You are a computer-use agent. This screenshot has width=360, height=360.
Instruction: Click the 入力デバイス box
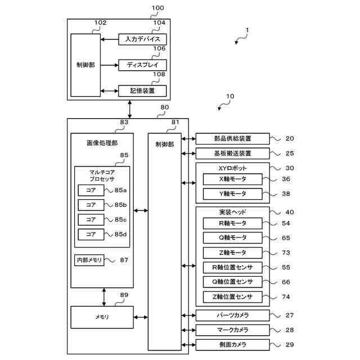click(x=143, y=39)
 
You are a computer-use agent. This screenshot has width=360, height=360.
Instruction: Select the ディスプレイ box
click(x=143, y=65)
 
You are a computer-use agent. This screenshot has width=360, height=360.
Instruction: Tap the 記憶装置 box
click(x=143, y=90)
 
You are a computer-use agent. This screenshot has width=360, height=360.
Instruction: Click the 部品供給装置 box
click(x=233, y=138)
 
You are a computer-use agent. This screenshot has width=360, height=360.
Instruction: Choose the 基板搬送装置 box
click(x=233, y=153)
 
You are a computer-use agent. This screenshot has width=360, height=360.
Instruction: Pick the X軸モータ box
click(x=233, y=179)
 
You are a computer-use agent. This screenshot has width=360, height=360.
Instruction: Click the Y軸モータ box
click(x=233, y=194)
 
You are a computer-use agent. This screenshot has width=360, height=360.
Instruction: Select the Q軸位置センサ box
click(x=233, y=282)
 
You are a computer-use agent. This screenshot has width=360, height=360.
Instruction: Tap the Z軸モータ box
click(x=233, y=253)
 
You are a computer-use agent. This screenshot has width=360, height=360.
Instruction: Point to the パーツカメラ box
click(x=233, y=316)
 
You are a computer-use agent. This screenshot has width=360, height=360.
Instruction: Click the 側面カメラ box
click(x=233, y=344)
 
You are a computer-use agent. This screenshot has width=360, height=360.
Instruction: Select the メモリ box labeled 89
click(x=102, y=317)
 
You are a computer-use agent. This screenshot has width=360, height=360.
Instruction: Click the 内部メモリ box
click(x=89, y=260)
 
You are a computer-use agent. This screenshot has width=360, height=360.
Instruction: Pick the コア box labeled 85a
click(x=91, y=190)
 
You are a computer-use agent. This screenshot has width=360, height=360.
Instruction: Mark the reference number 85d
click(x=120, y=233)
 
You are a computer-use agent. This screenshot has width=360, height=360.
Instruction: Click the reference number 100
click(x=158, y=8)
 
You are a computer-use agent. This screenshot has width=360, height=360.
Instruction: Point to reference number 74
click(x=286, y=296)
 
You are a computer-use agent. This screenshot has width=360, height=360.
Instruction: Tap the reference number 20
click(x=289, y=138)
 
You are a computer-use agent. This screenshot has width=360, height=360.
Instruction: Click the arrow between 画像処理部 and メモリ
click(x=104, y=296)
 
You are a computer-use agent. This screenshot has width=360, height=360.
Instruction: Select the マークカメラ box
click(x=233, y=330)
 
